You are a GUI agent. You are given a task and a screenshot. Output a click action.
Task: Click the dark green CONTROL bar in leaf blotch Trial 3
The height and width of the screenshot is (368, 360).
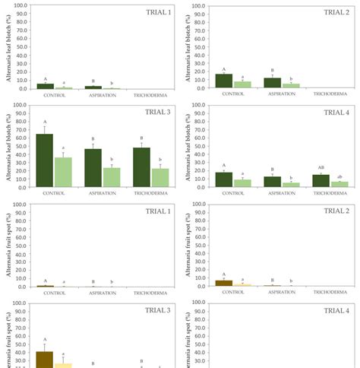pos(45,160)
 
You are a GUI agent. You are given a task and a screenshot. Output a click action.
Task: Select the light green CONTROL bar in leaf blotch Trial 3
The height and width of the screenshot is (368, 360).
pos(64,172)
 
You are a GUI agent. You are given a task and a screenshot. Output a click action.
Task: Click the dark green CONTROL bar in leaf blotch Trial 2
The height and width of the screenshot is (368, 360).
pos(223,81)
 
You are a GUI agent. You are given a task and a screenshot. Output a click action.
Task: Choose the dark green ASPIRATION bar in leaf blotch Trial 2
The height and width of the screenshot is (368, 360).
pos(272,83)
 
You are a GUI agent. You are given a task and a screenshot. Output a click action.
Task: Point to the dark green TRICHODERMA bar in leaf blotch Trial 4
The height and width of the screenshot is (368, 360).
pos(321,181)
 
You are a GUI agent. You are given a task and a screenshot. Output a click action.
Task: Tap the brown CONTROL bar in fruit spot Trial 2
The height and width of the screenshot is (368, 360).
pos(223,283)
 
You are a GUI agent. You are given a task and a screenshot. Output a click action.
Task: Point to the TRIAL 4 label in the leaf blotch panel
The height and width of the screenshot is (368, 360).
pos(336,113)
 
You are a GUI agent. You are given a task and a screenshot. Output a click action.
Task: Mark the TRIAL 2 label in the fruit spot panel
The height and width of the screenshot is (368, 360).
pos(336,211)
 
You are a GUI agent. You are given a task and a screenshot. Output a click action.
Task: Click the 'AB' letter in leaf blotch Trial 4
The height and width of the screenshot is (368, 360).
pos(321,168)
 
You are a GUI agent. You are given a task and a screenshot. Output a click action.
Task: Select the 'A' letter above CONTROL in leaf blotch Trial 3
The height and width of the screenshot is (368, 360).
pos(45,122)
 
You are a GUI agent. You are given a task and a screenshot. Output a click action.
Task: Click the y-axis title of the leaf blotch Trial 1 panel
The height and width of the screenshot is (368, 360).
pos(7,47)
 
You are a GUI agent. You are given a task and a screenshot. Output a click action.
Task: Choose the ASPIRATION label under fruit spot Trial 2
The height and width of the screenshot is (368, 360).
pos(282,293)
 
